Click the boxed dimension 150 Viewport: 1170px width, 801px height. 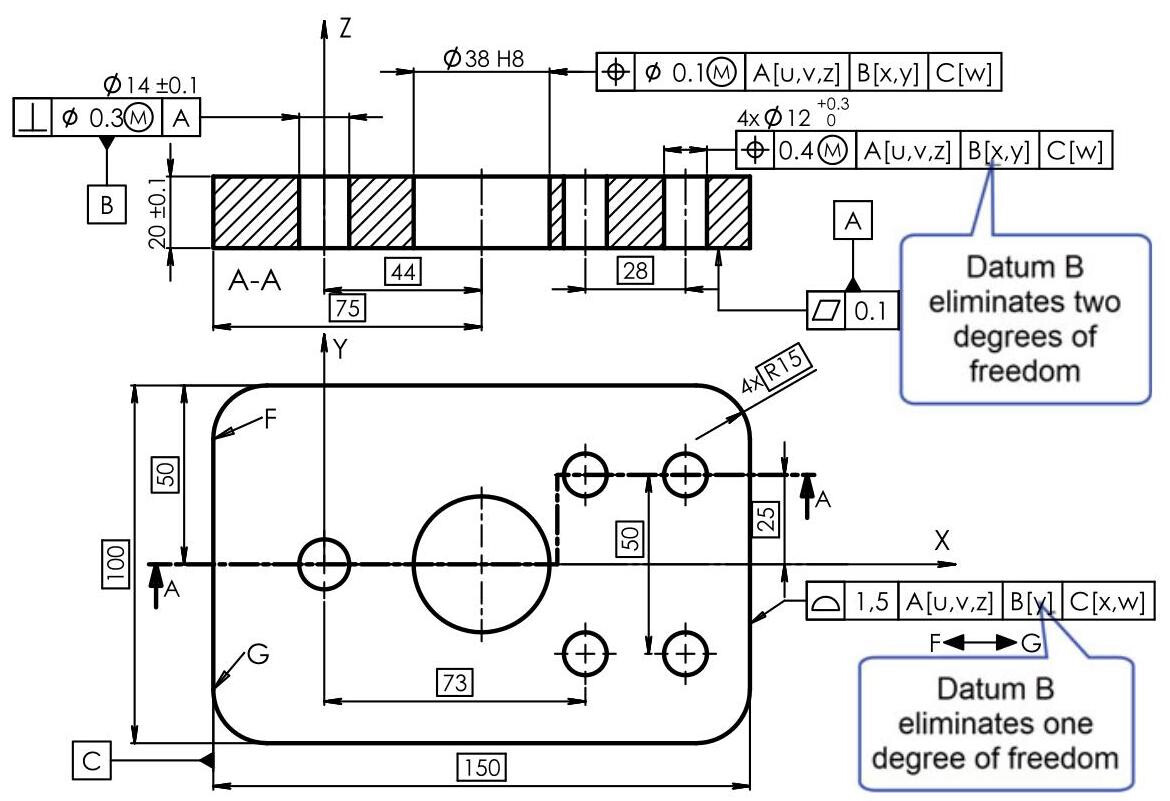482,768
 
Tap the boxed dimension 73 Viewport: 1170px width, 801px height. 455,682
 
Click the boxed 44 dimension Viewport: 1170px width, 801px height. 405,270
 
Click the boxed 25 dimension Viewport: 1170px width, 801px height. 766,517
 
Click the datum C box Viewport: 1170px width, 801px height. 91,761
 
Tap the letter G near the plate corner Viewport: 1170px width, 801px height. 258,655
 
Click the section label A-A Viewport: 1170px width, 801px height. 253,282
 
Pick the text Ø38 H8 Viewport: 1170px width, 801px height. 483,61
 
